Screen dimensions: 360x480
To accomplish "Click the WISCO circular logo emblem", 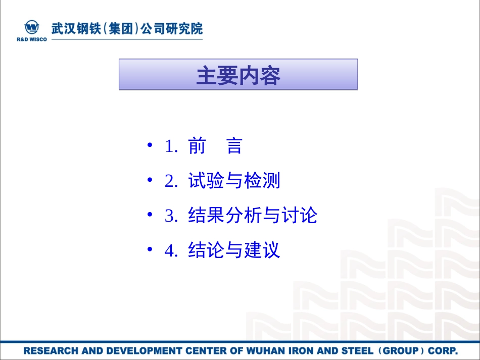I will pos(32,27).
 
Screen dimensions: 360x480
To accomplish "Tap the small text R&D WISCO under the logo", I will pos(32,39).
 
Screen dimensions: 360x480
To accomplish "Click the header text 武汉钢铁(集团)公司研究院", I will pos(127,28).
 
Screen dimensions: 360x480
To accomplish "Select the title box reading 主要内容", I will pos(238,74).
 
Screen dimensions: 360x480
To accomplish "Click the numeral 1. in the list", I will pos(172,146).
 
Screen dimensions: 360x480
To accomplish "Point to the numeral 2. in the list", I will pos(172,181).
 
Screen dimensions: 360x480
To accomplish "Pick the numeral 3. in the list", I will pos(172,216).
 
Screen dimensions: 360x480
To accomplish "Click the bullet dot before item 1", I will pos(150,146).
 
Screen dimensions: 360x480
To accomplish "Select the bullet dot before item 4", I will pos(150,250).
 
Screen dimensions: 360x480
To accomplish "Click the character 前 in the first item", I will pos(197,146).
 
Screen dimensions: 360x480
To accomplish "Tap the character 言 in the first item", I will pos(234,146).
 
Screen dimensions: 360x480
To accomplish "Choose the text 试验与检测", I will pos(234,181).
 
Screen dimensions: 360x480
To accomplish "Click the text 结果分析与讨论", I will pos(253,216).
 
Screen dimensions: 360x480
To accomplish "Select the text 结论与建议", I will pos(234,250).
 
